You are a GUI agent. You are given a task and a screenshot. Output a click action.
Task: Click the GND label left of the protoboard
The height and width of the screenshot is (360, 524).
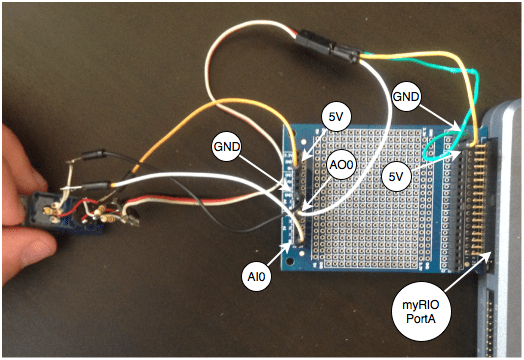[226, 146]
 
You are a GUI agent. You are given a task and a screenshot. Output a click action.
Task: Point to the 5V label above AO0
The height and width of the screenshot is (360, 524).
[335, 117]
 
